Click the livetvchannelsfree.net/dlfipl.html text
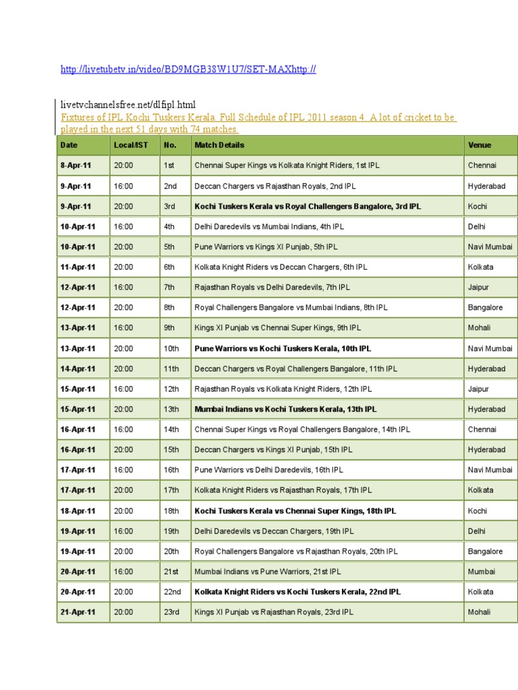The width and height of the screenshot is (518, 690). (127, 104)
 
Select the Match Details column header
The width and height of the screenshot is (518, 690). (219, 145)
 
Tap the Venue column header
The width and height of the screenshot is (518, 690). (480, 145)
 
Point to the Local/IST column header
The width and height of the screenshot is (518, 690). (132, 145)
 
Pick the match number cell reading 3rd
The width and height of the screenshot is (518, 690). (169, 206)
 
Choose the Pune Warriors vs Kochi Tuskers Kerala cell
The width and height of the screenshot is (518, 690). (283, 348)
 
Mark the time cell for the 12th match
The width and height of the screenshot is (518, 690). (123, 389)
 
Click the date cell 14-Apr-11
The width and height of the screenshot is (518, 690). (78, 369)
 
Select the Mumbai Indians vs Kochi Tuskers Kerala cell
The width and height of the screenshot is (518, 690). (285, 409)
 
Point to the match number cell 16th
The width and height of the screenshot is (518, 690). (171, 470)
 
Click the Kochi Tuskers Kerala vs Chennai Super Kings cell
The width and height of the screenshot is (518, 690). (295, 511)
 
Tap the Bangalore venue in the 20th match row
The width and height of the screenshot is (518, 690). (485, 551)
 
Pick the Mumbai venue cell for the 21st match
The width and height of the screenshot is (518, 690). (481, 571)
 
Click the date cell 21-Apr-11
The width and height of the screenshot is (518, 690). (78, 612)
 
